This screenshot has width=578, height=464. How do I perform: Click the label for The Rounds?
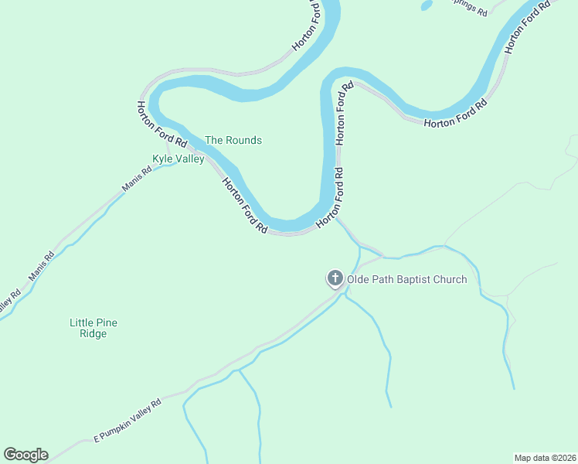tap(233, 141)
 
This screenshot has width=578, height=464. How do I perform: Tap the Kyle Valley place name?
tap(178, 159)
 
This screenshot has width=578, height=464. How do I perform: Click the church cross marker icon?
tap(335, 278)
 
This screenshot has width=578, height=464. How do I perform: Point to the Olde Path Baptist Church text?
tap(406, 279)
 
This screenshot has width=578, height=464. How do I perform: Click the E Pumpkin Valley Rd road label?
tap(127, 421)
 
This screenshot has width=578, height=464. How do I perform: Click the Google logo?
tap(25, 455)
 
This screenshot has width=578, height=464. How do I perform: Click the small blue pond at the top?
tap(426, 5)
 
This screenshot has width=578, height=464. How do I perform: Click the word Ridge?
tap(93, 334)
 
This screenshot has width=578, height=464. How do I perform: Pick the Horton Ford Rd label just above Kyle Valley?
tap(162, 125)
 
